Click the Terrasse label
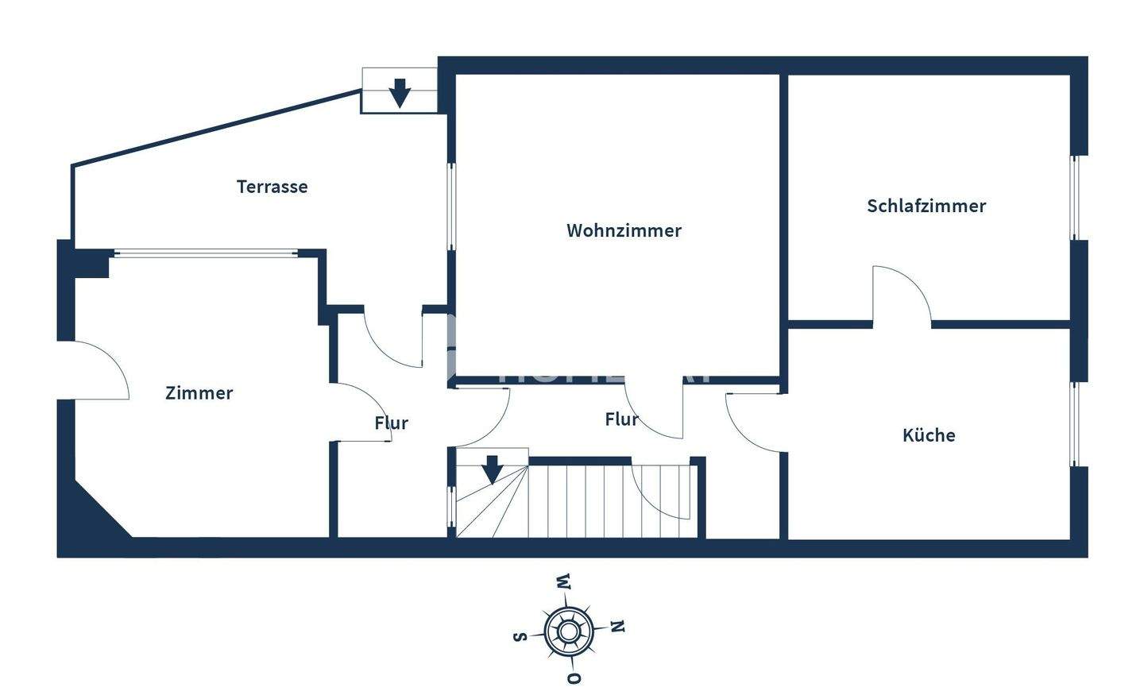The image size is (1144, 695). coord(272,187)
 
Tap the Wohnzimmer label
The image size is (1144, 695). coord(624,230)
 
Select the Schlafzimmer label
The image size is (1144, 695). coord(926,206)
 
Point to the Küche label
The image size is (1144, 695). coord(929,435)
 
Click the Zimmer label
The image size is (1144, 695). coord(199,393)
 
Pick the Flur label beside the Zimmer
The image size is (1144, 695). coord(391,423)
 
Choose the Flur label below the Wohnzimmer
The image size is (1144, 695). coord(621,419)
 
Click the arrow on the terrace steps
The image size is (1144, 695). coord(400,93)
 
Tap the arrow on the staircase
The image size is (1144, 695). coord(493,469)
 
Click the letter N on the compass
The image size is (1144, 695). coord(618,627)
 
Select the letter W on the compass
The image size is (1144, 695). coord(563,581)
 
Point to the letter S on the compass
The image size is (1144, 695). coord(520,635)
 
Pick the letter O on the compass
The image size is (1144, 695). coord(574,678)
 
